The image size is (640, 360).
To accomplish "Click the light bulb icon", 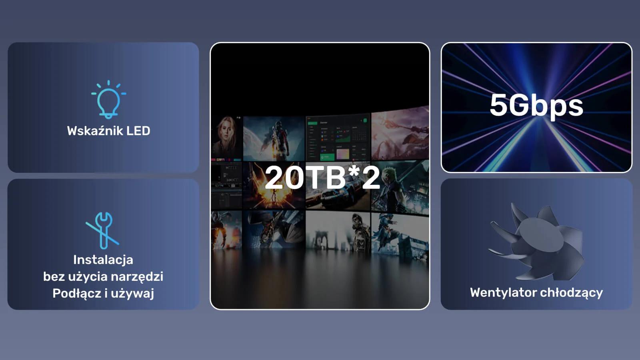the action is [108, 100].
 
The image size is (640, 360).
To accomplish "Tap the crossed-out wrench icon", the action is [102, 230].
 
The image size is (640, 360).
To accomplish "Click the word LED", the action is [138, 131].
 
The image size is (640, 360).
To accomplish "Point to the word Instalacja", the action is [103, 260].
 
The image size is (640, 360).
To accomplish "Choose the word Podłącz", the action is [76, 294].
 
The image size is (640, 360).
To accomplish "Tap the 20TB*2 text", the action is [322, 178].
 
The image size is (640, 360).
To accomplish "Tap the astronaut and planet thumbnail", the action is [274, 138].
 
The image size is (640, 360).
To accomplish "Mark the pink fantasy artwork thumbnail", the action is [400, 134].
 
